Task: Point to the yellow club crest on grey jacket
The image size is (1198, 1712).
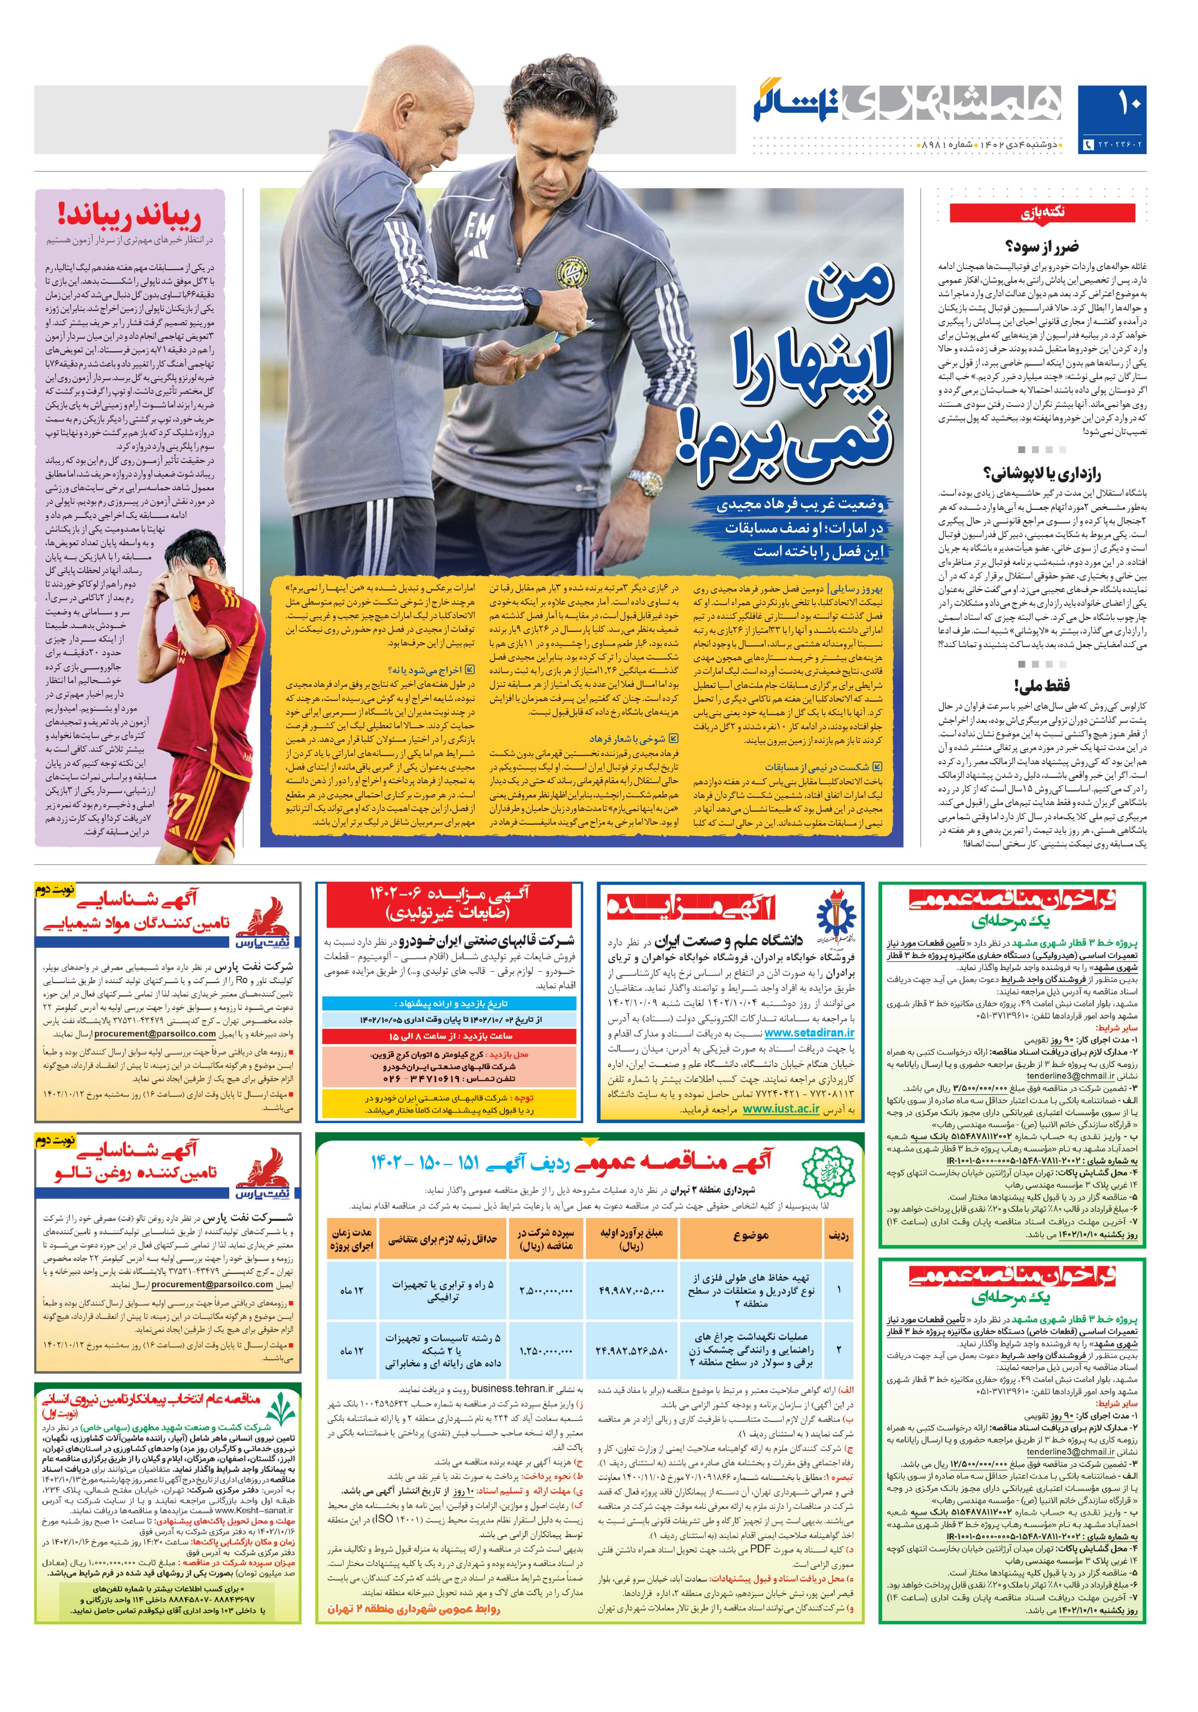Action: (x=571, y=273)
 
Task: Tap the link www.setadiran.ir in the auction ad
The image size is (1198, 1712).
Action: (x=809, y=1033)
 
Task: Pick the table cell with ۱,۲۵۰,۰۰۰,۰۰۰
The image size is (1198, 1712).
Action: (x=546, y=1350)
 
